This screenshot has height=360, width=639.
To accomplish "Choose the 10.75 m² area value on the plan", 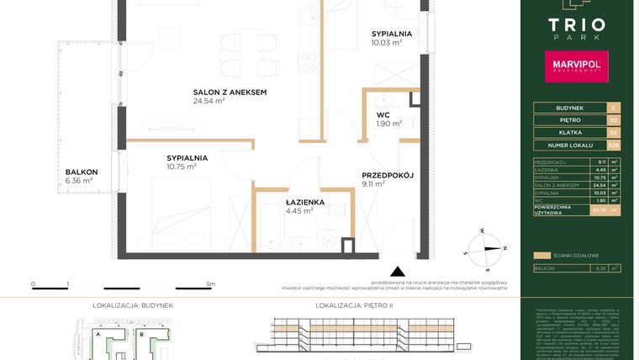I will point(181,167).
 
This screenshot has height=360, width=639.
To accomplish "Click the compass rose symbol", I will point(485,248).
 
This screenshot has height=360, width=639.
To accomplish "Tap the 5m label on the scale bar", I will point(210,285).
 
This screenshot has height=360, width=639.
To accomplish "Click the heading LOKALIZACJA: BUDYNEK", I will point(128,308).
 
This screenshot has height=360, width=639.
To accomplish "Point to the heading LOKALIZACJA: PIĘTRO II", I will point(351,308).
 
